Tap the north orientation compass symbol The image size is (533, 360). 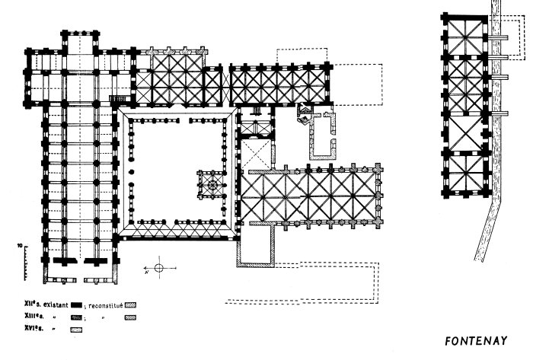click(x=158, y=268)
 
